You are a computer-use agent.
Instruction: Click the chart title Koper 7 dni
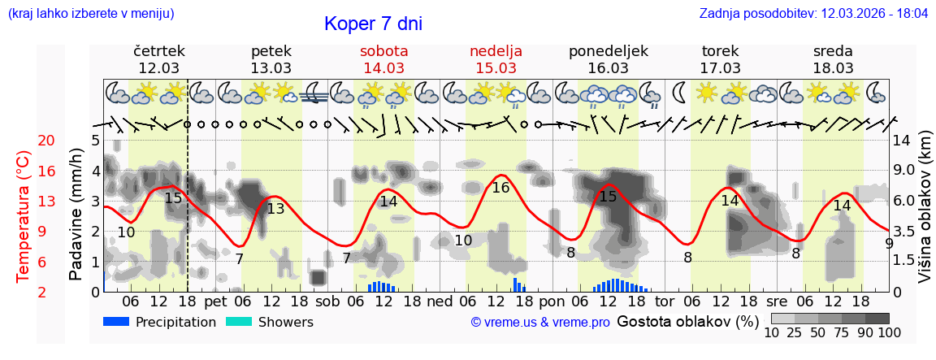(x=373, y=24)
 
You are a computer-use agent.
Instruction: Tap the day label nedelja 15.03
(x=496, y=59)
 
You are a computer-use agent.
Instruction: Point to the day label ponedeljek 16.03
(x=608, y=59)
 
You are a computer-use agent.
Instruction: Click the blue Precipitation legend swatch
(x=116, y=322)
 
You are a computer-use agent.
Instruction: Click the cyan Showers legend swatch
(x=238, y=322)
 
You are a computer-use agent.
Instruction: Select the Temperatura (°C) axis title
(x=24, y=217)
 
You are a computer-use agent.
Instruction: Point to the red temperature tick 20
(x=24, y=141)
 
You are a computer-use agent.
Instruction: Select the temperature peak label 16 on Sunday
(x=500, y=188)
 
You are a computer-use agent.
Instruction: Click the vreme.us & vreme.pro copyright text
(x=540, y=323)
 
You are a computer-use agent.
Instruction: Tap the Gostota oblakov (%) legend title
(x=687, y=322)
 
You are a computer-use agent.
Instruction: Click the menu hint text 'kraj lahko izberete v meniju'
(x=90, y=14)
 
